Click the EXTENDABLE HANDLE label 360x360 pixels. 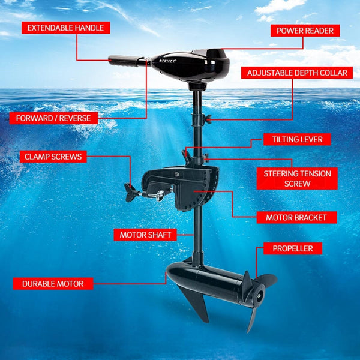[x=65, y=28]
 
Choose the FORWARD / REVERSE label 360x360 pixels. [x=53, y=118]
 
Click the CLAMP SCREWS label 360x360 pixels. [x=53, y=157]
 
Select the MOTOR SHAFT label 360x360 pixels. [x=145, y=234]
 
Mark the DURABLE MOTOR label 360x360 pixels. [x=53, y=283]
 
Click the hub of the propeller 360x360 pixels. [x=258, y=294]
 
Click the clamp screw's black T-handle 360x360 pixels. [x=131, y=193]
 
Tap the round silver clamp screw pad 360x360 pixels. [x=159, y=195]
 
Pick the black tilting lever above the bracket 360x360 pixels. [x=187, y=155]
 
